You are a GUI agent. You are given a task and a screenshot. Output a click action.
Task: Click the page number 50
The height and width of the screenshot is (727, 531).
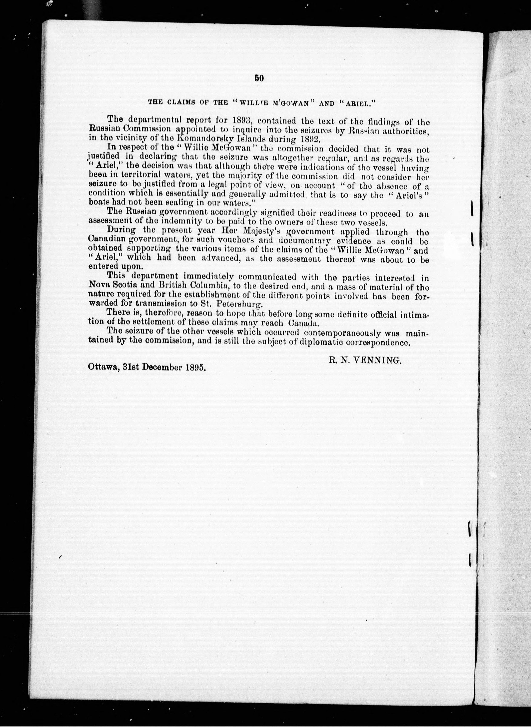click(259, 78)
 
